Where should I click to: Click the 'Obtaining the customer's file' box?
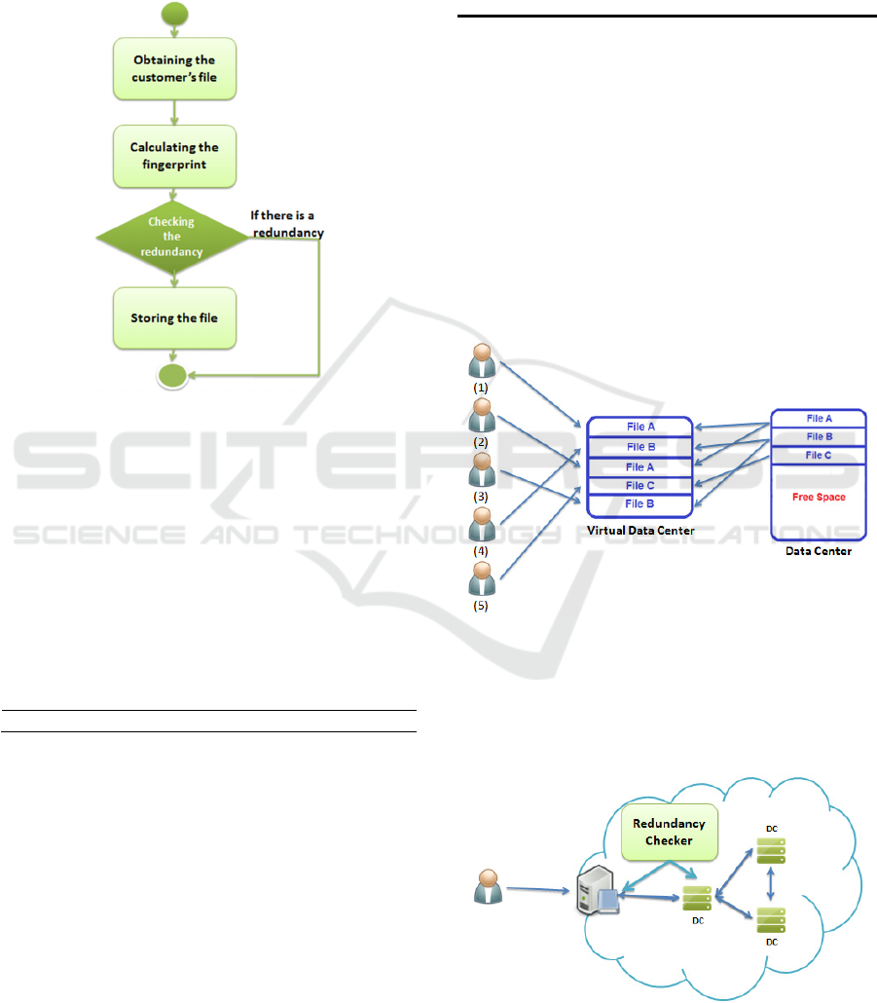coord(173,68)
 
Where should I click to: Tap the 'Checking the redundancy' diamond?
coord(171,237)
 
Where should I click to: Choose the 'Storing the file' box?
coord(173,317)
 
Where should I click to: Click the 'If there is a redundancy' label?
coord(285,226)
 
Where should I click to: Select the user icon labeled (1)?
coord(481,357)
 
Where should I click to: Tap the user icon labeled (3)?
coord(481,472)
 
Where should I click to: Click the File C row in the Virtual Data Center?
coord(639,485)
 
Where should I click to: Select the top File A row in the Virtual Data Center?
coord(639,427)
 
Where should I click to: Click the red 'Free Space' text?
coord(819,497)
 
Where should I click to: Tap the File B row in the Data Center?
coord(819,437)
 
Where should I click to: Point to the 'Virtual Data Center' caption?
coord(639,532)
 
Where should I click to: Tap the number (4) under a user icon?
coord(480,550)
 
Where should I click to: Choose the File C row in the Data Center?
coord(819,455)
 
